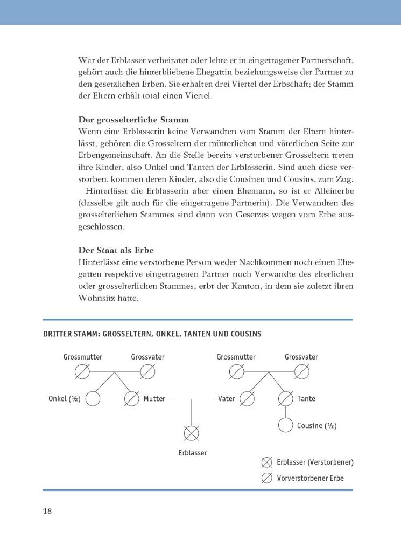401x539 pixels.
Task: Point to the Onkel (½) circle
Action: [93, 399]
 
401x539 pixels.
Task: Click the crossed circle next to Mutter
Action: [132, 399]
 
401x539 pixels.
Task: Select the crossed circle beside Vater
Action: [247, 399]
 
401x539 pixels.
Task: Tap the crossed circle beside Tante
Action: [286, 399]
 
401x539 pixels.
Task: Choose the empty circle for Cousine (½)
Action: [286, 425]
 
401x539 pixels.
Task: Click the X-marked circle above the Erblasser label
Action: [192, 433]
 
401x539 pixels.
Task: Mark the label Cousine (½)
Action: [316, 426]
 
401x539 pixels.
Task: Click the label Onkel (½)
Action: [64, 399]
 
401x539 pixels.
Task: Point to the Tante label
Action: [306, 399]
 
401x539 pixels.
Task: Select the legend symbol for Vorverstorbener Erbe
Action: [266, 478]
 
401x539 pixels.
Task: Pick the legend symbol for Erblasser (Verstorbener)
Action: [266, 462]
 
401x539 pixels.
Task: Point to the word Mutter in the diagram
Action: [154, 399]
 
